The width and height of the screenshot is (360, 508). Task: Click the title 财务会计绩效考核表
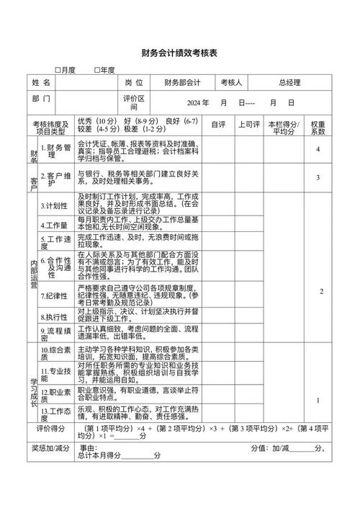coord(179,53)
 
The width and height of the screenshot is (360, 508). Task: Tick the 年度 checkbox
coord(98,70)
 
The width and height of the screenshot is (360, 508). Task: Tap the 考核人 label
coord(233,84)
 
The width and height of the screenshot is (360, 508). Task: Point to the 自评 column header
coord(217,125)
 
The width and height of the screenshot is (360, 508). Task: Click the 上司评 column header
coord(249,125)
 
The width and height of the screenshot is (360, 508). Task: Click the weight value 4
coord(318,149)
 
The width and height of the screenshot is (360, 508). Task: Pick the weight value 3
coord(318,177)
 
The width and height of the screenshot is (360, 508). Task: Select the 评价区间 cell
coord(134,102)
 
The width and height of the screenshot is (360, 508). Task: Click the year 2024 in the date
coord(197,102)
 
